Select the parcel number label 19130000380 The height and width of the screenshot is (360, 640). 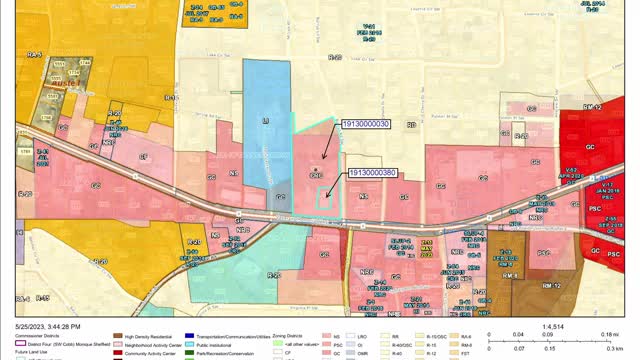373,172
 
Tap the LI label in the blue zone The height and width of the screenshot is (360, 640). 265,120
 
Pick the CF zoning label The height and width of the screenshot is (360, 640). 143,157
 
